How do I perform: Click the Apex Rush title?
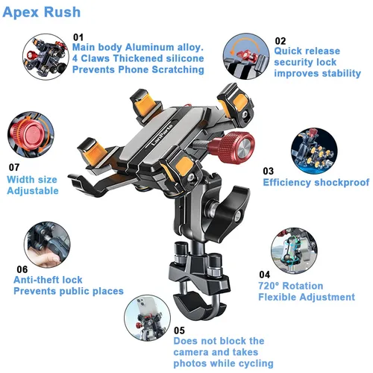coord(43,13)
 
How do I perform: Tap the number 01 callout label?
coord(78,36)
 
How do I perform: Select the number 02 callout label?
coord(280,41)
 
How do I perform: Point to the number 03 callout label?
coord(269,170)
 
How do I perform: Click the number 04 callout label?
coord(264,275)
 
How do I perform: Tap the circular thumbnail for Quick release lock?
coord(247,55)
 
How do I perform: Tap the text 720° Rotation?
coord(290,286)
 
